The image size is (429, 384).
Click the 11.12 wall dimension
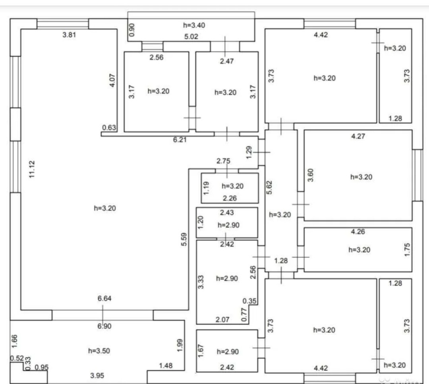coord(32,169)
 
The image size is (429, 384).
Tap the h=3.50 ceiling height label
coord(99,351)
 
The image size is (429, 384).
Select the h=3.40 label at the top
coord(194,25)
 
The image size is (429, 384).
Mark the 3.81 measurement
coord(69,35)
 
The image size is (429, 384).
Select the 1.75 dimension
coord(407,249)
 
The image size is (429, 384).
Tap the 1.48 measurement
coord(166,365)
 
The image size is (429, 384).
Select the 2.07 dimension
coord(222,319)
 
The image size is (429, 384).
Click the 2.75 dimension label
coord(223,161)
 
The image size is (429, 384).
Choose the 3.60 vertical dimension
coord(311,175)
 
